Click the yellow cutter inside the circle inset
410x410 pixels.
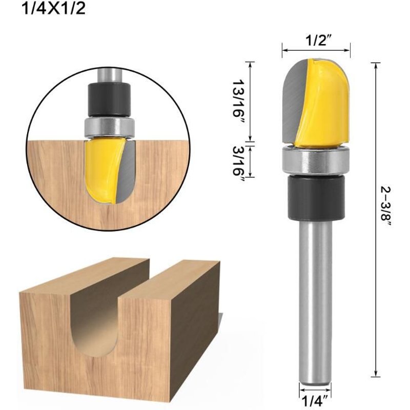102,169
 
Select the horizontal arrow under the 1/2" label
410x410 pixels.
316,50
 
